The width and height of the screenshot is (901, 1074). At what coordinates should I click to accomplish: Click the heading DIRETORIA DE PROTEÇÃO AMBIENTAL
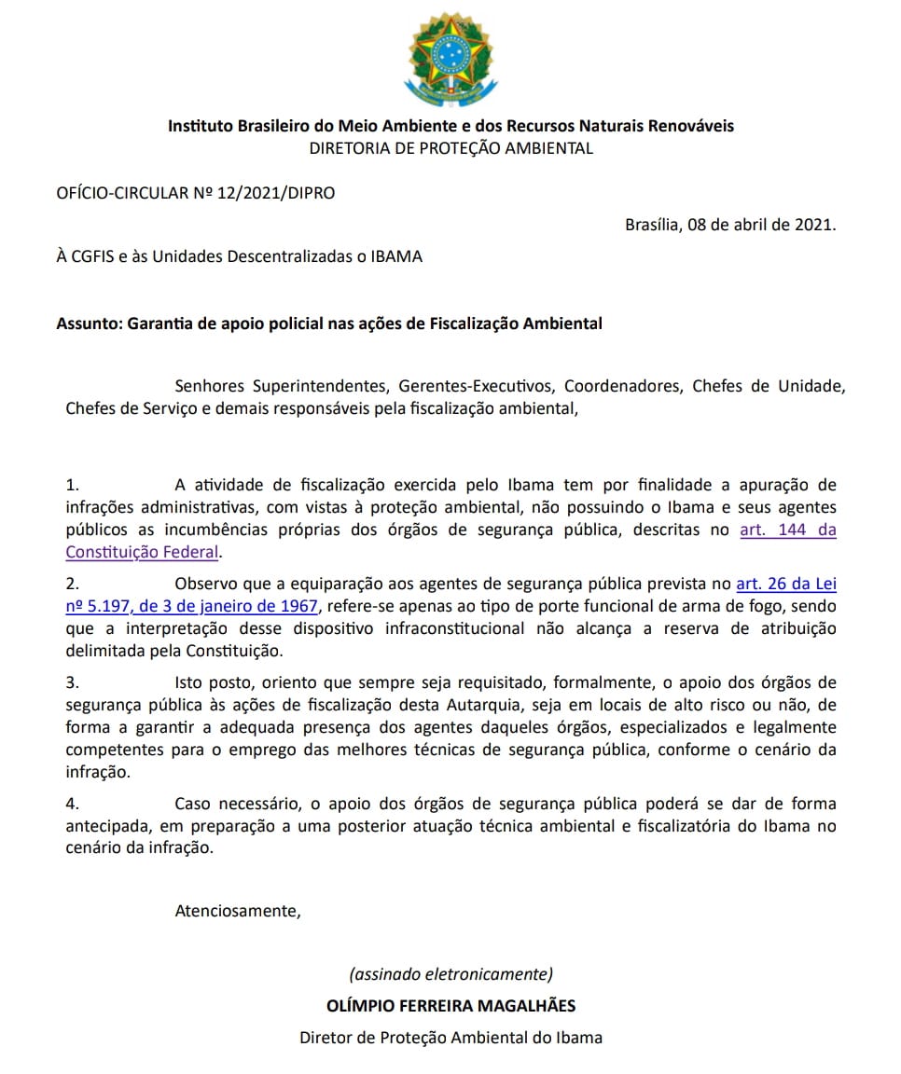[450, 148]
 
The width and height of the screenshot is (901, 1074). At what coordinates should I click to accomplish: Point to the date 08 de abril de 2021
[761, 225]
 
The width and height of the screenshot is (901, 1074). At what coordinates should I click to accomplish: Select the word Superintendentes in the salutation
[320, 386]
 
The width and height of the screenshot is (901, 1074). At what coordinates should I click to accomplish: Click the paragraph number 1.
[74, 485]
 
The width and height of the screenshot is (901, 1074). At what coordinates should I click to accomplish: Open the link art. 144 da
[787, 530]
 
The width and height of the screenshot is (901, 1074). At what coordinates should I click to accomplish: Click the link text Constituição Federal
[142, 552]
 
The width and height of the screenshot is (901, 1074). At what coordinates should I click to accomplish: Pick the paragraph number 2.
[74, 585]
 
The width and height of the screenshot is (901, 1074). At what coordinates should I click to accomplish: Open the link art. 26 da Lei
[785, 585]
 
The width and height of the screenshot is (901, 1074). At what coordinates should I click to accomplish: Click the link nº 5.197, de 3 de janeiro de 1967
[193, 607]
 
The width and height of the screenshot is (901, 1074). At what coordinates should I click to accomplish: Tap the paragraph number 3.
[74, 683]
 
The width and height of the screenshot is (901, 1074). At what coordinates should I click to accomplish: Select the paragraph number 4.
[74, 804]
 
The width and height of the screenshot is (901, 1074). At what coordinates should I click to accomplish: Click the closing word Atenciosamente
[238, 911]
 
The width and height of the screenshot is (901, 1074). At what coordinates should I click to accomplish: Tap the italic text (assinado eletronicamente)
[450, 974]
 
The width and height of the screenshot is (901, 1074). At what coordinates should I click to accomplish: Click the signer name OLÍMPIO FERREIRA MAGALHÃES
[450, 1005]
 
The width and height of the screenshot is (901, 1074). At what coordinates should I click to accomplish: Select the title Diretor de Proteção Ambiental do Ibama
[450, 1037]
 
